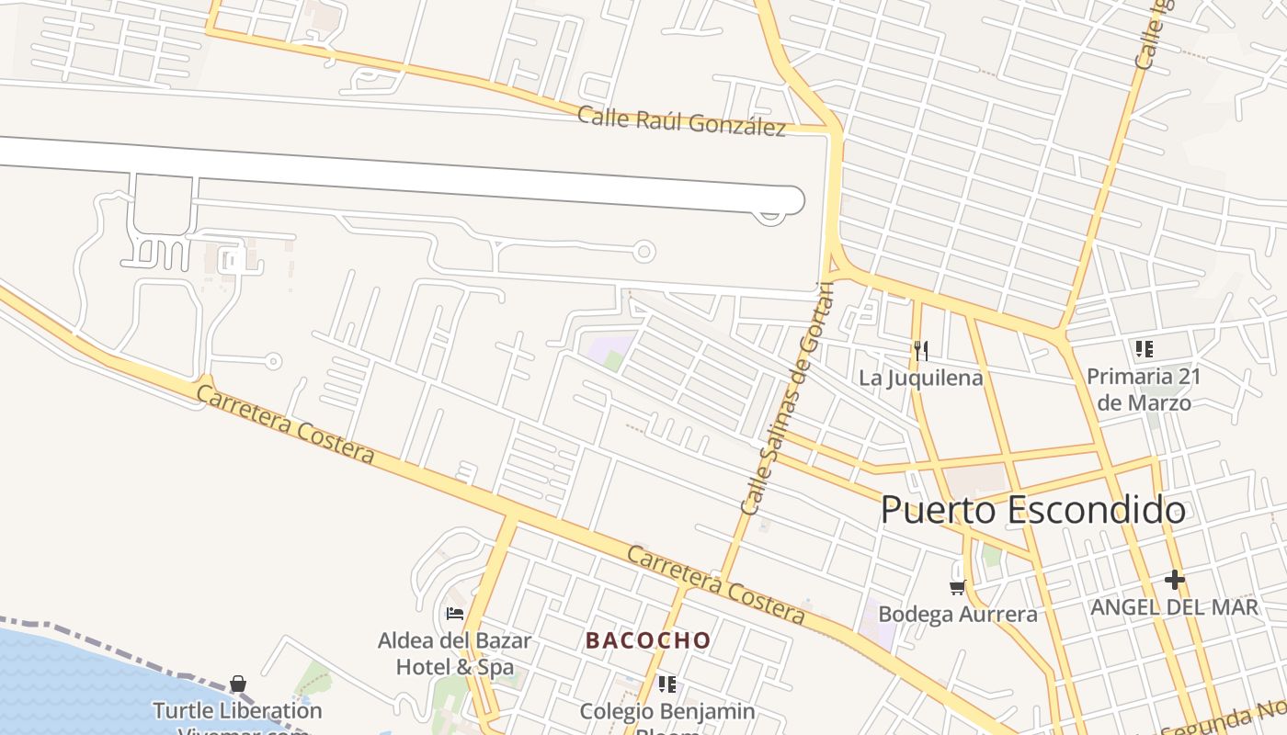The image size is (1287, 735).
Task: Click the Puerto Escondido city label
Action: click(x=1033, y=510)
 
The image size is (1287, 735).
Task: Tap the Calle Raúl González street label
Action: click(x=681, y=121)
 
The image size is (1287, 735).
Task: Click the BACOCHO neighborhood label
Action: click(x=648, y=640)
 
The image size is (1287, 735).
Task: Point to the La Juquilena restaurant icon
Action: click(x=921, y=350)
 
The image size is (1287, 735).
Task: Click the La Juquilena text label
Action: click(x=921, y=378)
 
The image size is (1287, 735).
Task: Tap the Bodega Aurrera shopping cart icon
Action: click(x=957, y=586)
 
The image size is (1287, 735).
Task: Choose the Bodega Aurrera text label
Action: click(x=958, y=614)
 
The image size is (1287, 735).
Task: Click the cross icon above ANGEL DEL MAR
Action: click(x=1174, y=580)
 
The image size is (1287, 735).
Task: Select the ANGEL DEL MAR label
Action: click(x=1174, y=607)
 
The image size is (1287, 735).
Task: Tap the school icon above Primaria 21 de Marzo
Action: click(x=1144, y=349)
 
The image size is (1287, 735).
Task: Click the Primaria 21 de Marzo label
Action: click(x=1144, y=390)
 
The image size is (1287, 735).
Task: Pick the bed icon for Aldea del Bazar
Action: click(x=454, y=613)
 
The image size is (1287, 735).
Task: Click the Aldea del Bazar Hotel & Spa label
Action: click(x=454, y=653)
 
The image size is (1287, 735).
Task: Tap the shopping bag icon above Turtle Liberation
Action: click(x=238, y=684)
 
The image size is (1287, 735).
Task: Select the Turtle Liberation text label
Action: click(x=237, y=710)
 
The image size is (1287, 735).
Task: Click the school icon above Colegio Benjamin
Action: click(x=667, y=684)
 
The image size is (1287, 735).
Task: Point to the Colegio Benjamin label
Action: click(x=667, y=711)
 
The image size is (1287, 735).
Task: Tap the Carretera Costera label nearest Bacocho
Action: click(x=716, y=584)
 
